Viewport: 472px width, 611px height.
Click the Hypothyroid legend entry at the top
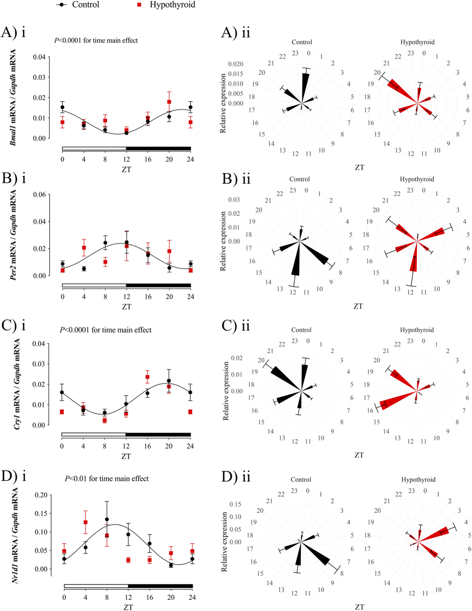(172, 5)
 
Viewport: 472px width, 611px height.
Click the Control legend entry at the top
(86, 5)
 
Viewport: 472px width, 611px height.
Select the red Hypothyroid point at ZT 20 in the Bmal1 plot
(169, 102)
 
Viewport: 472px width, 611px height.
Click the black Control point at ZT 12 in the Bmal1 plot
(127, 133)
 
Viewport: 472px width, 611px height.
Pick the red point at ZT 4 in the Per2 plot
(84, 248)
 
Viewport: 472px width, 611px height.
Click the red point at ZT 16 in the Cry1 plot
(148, 377)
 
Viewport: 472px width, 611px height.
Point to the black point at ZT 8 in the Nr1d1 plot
(107, 519)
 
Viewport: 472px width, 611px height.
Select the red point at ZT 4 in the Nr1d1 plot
(86, 522)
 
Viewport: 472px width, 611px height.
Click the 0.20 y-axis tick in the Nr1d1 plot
(41, 495)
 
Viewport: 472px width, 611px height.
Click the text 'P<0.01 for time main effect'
(107, 478)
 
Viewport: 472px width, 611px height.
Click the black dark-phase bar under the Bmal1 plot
(158, 148)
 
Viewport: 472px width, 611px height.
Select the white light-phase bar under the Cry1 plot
(93, 434)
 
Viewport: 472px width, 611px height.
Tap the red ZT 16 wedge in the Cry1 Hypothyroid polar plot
(395, 401)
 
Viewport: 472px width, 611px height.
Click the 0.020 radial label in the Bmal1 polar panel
(235, 64)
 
